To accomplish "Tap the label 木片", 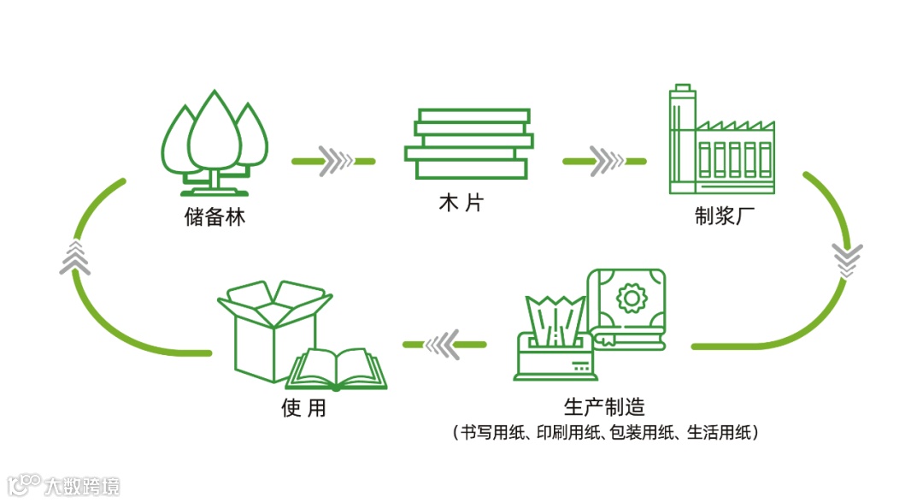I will point(464,205).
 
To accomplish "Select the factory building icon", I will point(720,141).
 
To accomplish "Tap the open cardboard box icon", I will point(272,329).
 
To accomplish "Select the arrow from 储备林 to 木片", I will point(334,160).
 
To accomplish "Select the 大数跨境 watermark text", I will point(83,486).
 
